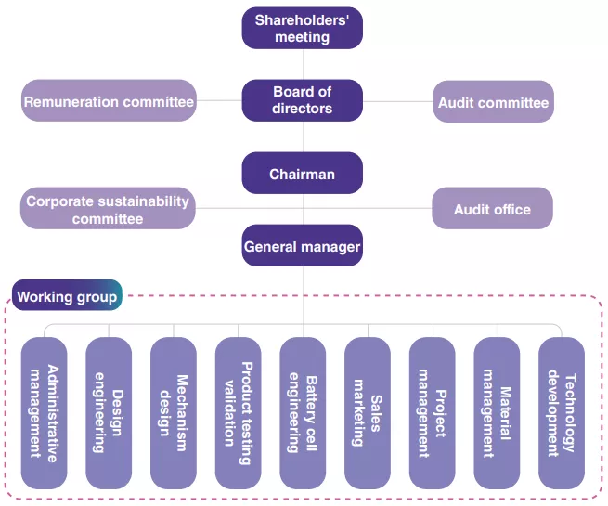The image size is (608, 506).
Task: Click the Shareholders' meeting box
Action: click(303, 28)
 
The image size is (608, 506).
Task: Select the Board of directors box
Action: click(303, 100)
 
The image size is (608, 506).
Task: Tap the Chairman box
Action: click(303, 174)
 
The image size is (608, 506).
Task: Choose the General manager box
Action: click(303, 247)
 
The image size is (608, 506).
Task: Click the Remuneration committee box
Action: click(109, 101)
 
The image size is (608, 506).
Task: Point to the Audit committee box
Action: click(493, 102)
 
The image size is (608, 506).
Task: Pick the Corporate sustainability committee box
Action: click(108, 209)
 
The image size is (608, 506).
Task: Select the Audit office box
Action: click(492, 209)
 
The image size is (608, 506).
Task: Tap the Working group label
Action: click(67, 297)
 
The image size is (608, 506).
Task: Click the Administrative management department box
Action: click(45, 412)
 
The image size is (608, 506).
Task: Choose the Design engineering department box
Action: click(109, 412)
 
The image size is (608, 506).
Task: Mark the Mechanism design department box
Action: click(174, 412)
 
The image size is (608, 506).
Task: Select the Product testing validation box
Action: click(239, 412)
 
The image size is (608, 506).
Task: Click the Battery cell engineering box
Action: click(303, 412)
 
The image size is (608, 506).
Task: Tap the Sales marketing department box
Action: click(368, 412)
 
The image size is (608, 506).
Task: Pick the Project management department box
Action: click(433, 412)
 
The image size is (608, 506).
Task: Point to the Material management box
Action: click(497, 412)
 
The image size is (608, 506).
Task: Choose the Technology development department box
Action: click(562, 412)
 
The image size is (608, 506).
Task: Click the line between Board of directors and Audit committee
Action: click(397, 100)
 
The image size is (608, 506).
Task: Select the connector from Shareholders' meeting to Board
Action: click(303, 64)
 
